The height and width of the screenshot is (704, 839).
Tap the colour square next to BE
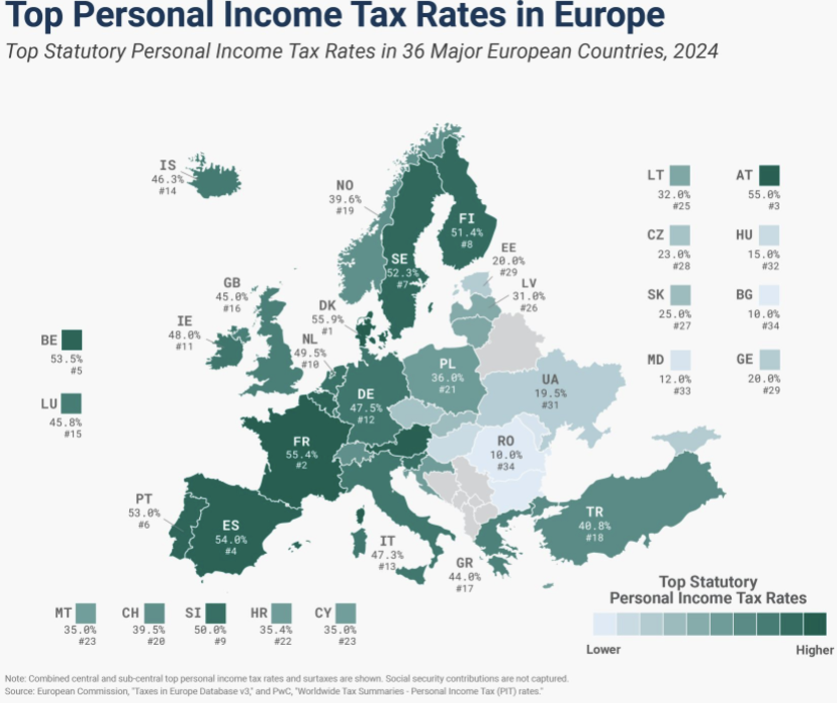click(x=72, y=340)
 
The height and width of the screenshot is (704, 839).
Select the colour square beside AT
click(x=770, y=176)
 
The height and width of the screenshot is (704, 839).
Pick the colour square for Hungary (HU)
click(x=770, y=236)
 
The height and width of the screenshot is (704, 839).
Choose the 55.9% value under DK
click(x=328, y=320)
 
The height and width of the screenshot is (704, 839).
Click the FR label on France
click(x=301, y=442)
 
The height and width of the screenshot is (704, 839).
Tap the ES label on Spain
click(x=231, y=526)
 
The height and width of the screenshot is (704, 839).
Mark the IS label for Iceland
click(x=168, y=166)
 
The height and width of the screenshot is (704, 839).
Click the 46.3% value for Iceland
click(x=167, y=179)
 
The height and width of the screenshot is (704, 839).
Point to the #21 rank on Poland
click(x=448, y=390)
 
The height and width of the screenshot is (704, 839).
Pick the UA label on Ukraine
click(x=550, y=380)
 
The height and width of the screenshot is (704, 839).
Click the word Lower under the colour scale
click(x=603, y=650)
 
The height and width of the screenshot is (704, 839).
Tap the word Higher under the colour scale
click(x=814, y=650)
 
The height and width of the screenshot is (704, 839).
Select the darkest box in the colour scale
click(x=815, y=624)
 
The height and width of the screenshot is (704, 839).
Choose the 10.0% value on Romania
click(x=506, y=455)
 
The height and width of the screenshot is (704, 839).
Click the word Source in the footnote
click(x=19, y=692)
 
